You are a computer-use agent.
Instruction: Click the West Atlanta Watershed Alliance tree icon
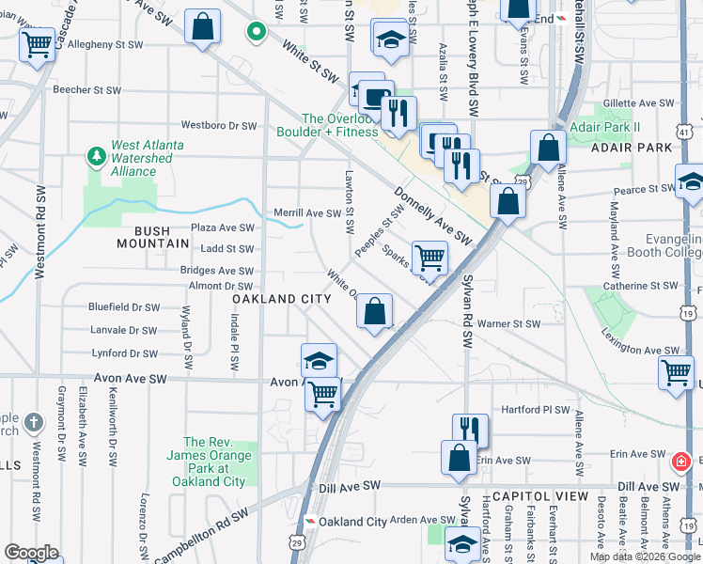(95, 155)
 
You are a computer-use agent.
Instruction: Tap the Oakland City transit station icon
(309, 522)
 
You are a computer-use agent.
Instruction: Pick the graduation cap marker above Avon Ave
(319, 360)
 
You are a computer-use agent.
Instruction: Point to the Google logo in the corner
(31, 553)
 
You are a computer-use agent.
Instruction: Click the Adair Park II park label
(608, 126)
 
